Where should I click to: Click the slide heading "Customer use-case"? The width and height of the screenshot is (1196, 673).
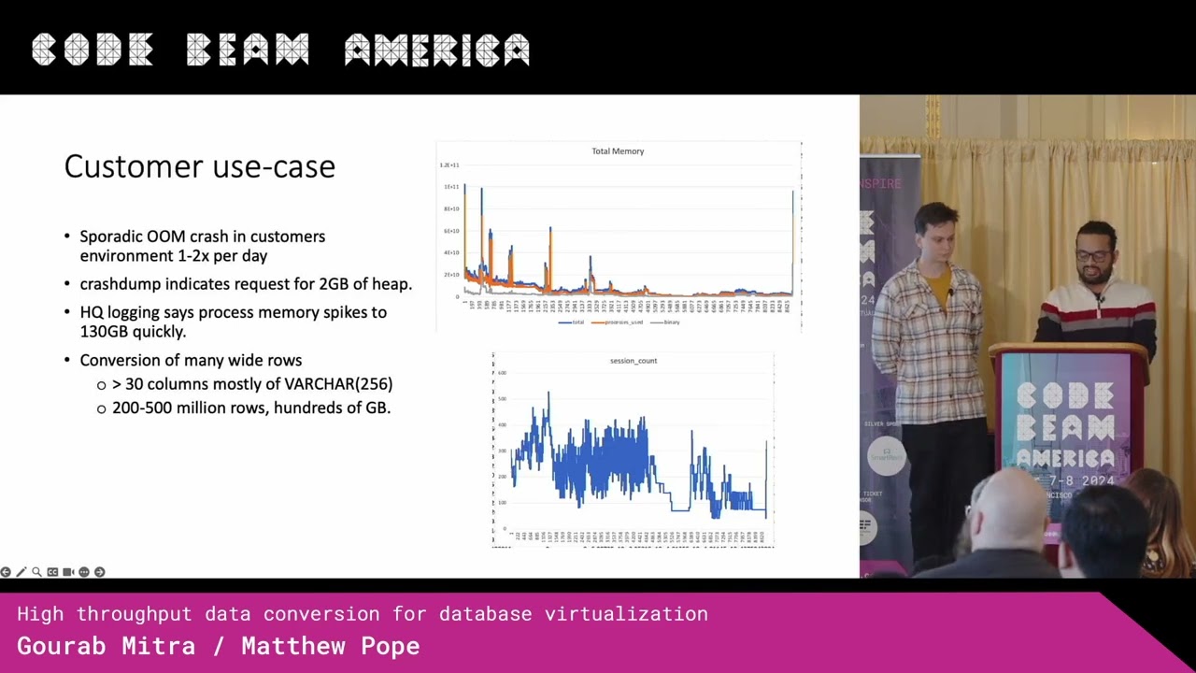point(199,166)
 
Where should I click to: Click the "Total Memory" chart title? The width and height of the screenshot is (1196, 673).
point(618,150)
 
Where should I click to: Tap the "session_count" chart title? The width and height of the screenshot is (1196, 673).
point(634,361)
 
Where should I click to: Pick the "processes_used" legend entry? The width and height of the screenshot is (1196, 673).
point(620,322)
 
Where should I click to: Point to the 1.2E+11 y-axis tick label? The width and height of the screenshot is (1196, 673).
point(449,165)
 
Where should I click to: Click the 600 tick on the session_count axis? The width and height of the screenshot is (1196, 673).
point(502,373)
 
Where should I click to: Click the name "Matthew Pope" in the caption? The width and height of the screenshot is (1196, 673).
point(331,646)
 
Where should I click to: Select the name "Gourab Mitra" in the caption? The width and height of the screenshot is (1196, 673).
point(107,646)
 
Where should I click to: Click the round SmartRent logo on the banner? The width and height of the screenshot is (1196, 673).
point(886,456)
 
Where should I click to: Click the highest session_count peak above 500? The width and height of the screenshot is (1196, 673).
point(548,394)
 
